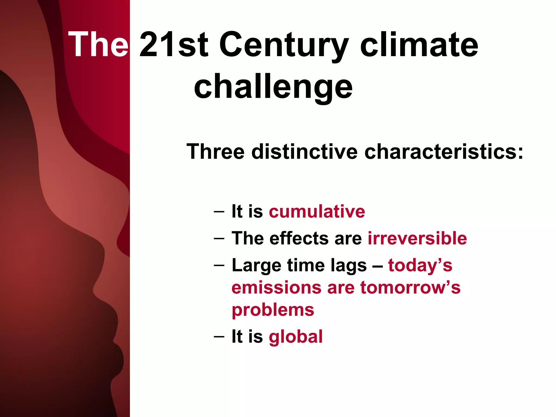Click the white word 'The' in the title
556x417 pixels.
point(98,44)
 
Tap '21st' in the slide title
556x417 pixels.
point(174,44)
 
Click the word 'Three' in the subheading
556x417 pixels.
point(215,151)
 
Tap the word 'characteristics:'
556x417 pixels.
point(444,151)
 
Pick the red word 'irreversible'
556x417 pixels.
point(417,238)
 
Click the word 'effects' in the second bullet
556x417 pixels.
point(299,238)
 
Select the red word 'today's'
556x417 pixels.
point(420,265)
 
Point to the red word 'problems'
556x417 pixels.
point(273,310)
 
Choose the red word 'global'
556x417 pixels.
point(296,337)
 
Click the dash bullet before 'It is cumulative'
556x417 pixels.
point(219,211)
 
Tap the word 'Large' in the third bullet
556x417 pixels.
point(256,266)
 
